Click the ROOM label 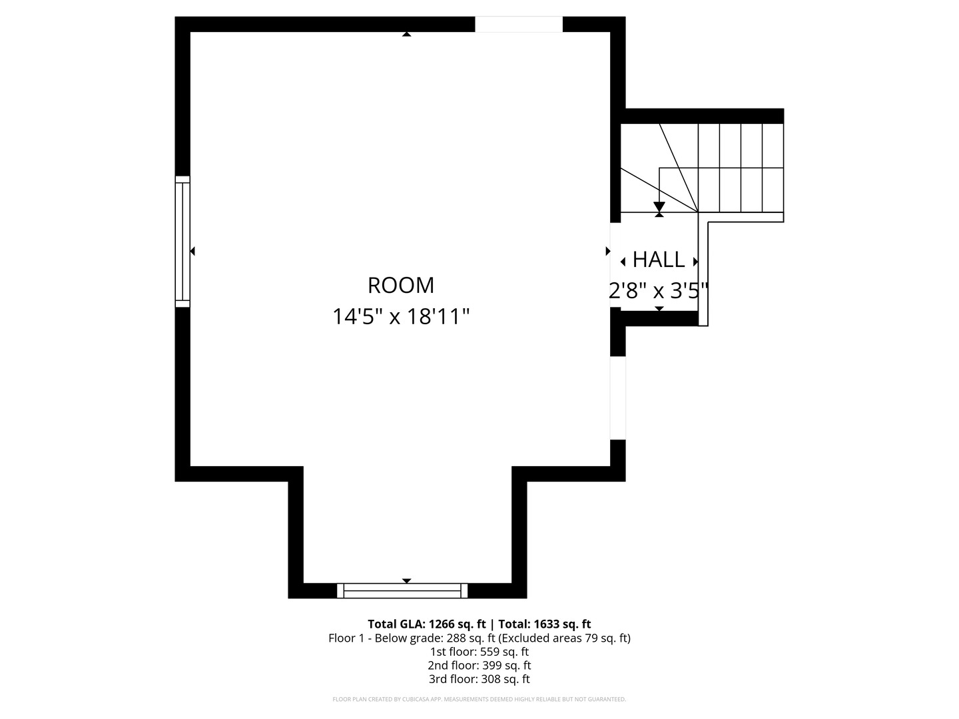point(401,286)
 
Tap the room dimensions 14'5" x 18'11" point(401,316)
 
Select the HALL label point(659,260)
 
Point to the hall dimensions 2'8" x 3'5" point(659,290)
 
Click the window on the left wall point(182,242)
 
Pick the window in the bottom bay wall point(402,591)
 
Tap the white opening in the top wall point(519,25)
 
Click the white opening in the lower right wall point(618,398)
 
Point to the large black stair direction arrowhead point(659,207)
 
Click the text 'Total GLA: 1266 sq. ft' point(426,624)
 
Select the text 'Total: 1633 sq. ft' point(544,624)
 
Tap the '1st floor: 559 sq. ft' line point(479,652)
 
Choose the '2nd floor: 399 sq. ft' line point(479,665)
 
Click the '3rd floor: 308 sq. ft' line point(479,679)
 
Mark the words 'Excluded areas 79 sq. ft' point(564,638)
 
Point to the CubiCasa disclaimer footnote point(479,699)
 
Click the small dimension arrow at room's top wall point(407,34)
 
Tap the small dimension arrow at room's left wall point(192,251)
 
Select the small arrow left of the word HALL point(623,262)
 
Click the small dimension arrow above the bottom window point(407,581)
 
